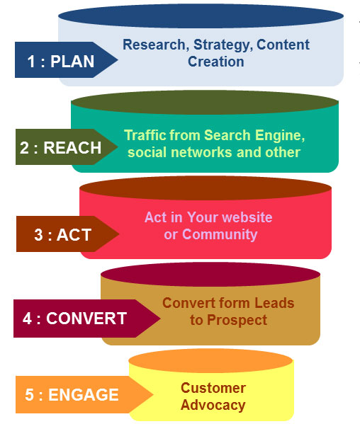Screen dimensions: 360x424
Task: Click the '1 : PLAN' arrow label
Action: point(66,59)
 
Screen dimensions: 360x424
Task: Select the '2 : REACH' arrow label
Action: point(67,147)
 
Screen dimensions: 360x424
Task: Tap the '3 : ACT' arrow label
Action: point(67,234)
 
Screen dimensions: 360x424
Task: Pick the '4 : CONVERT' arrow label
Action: point(86,319)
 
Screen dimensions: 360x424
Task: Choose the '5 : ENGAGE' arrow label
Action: point(84,394)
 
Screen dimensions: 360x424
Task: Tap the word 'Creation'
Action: point(216,62)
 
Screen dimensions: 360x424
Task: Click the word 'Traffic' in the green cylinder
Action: point(145,135)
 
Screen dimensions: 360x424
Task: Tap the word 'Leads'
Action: point(274,303)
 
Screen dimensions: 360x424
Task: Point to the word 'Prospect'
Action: point(237,321)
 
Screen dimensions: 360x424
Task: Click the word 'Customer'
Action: point(213,388)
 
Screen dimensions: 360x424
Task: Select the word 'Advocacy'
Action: point(213,406)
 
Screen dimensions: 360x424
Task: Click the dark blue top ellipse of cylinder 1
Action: point(201,16)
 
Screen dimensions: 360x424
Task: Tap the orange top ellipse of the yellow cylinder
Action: point(210,361)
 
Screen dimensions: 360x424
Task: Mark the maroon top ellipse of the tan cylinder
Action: point(210,275)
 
